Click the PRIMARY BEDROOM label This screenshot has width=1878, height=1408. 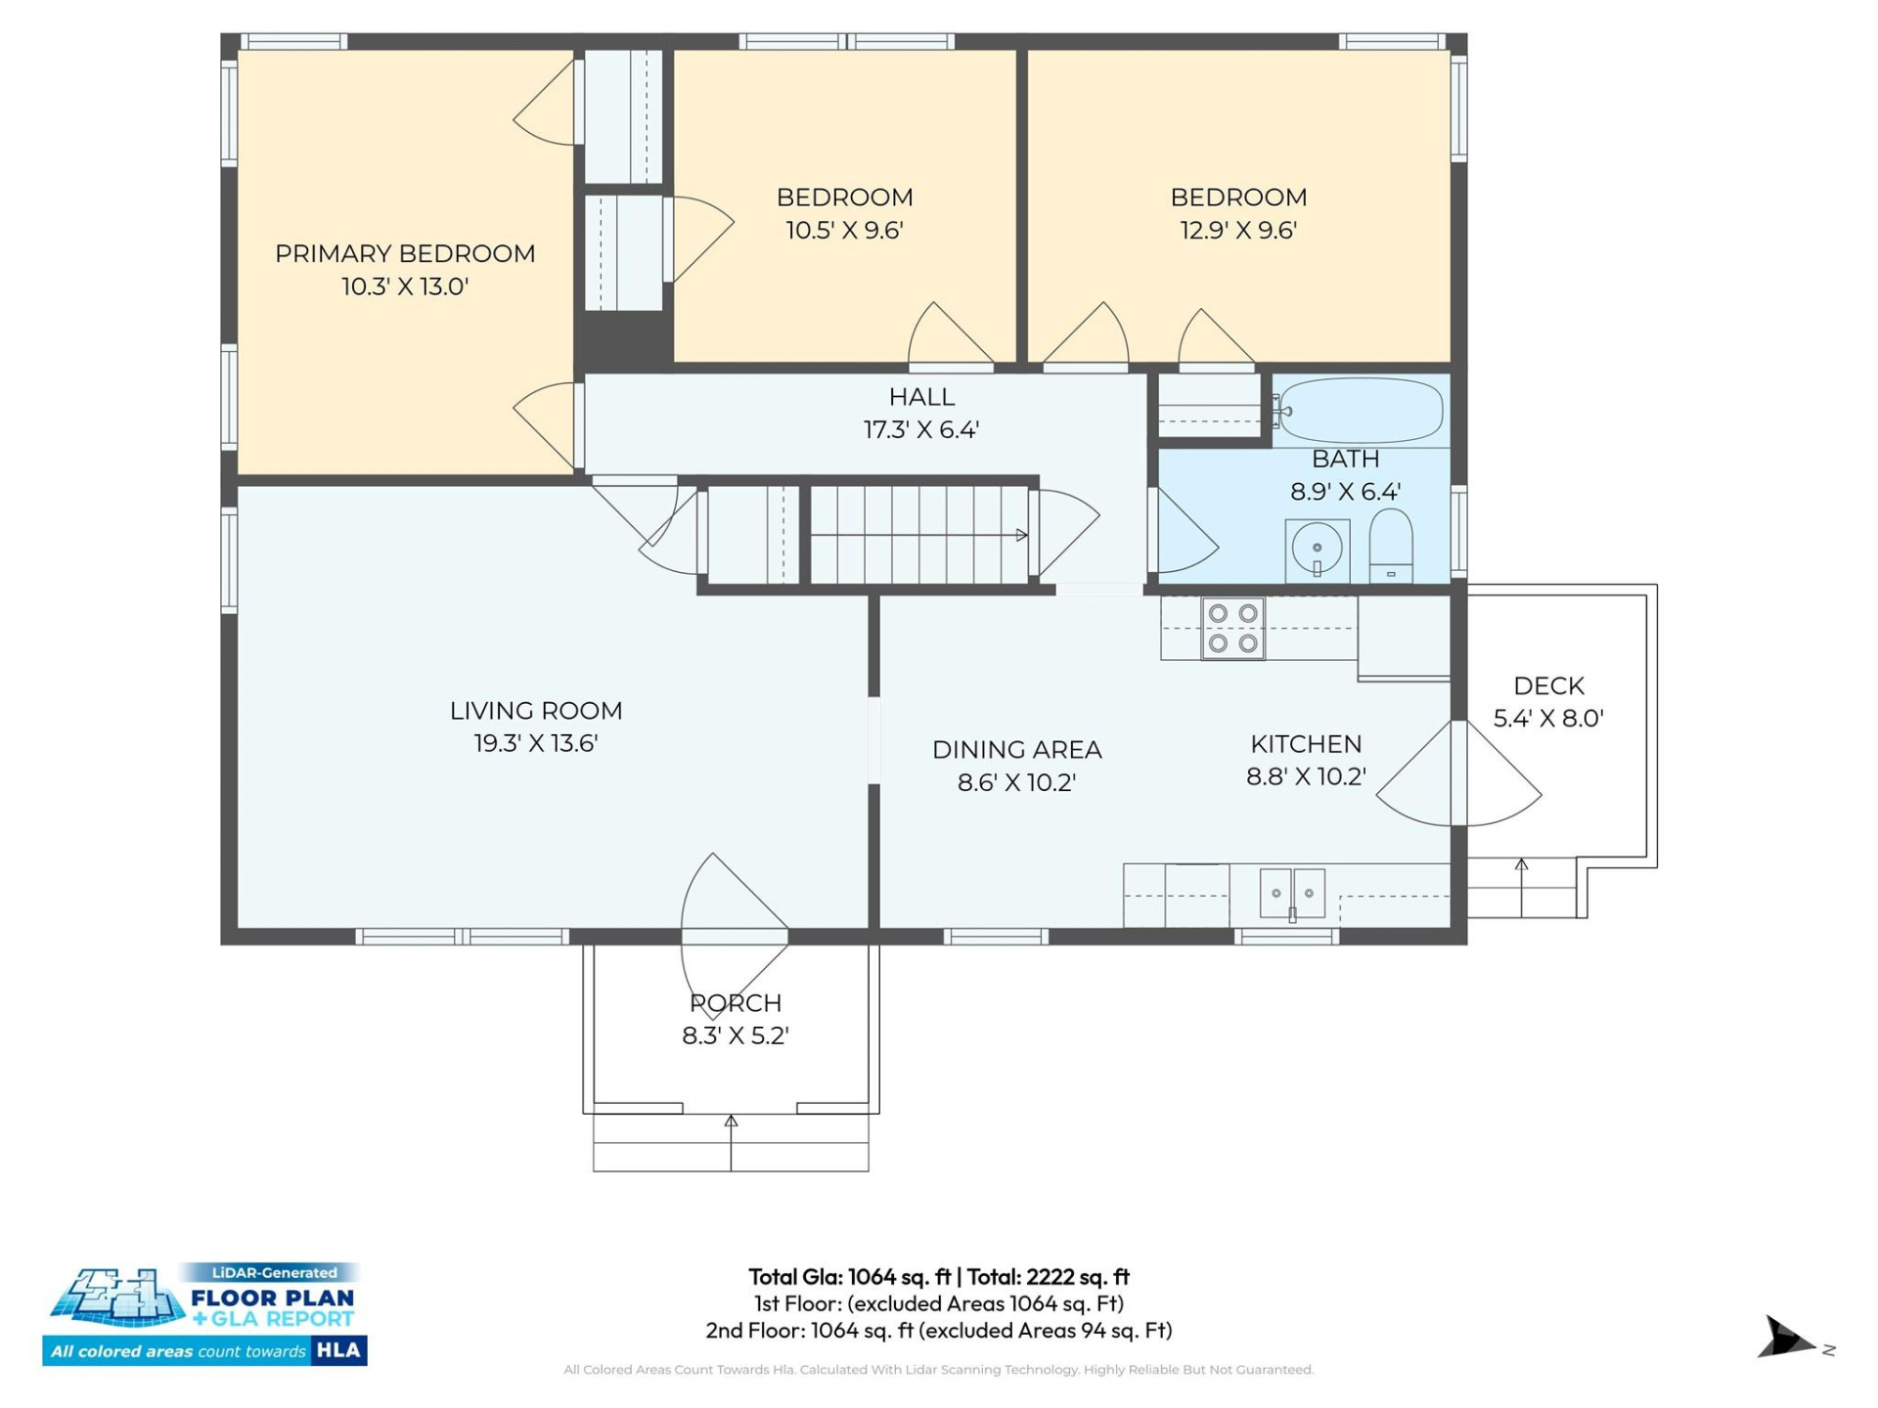coord(405,254)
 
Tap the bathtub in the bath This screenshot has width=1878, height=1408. coord(1361,411)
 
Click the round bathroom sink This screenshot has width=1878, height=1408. coord(1317,549)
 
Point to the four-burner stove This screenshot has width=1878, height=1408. coord(1232,629)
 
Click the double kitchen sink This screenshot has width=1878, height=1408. coord(1292,893)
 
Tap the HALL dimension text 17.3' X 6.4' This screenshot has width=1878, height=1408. coord(921,430)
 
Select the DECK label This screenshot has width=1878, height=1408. coord(1548,686)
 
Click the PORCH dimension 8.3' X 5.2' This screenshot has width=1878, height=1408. coord(736,1036)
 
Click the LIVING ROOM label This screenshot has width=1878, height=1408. coord(536,711)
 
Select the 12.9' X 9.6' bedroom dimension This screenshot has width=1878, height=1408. coord(1238,231)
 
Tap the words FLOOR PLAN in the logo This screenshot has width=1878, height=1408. coord(272,1298)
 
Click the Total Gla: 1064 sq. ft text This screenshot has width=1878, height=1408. coord(849,1277)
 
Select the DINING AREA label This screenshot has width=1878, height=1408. coord(1016,750)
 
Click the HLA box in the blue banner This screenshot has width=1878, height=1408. coord(338,1351)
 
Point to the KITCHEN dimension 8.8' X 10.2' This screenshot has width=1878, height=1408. coord(1306,777)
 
